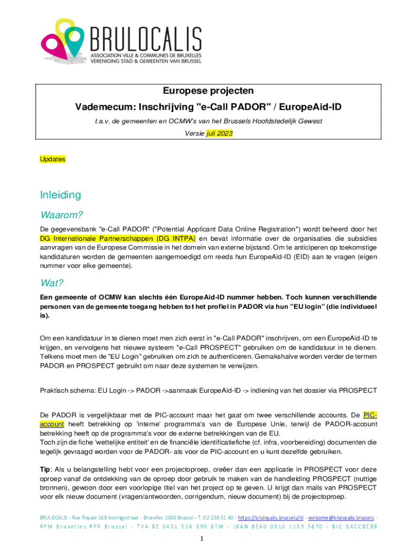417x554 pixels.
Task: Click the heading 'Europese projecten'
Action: pos(208,91)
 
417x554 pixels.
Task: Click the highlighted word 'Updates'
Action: pos(53,159)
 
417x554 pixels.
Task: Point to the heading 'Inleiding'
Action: pos(60,195)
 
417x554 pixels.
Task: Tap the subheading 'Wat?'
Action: pos(53,283)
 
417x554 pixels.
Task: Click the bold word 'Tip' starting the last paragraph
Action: pos(46,469)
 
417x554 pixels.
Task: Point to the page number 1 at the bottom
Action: pos(201,539)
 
